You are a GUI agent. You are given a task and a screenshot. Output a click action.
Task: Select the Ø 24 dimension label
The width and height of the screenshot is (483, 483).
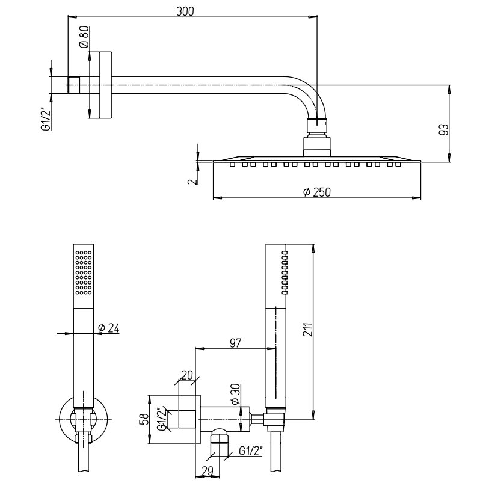point(109,327)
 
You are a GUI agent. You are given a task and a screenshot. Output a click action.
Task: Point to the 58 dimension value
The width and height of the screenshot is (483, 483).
point(143,419)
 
